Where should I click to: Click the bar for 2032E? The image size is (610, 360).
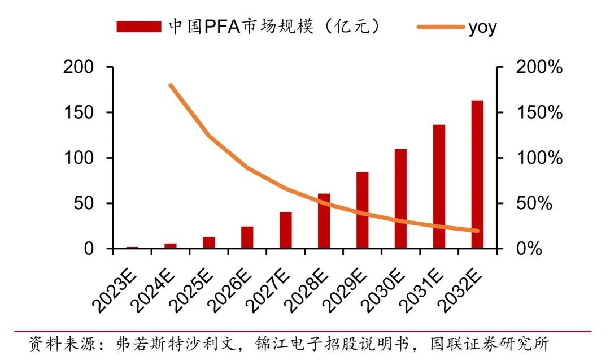[x=477, y=175]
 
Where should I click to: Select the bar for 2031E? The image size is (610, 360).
[x=439, y=186]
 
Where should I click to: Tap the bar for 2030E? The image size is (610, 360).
[x=400, y=198]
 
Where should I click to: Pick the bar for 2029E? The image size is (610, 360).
[x=362, y=210]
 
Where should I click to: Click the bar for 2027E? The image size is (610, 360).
[x=286, y=230]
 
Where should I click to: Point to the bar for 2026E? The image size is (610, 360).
[x=247, y=237]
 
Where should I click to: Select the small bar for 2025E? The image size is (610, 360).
[x=209, y=242]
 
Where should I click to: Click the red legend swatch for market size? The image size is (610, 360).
[x=139, y=27]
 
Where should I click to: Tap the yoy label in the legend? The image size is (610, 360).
[x=482, y=28]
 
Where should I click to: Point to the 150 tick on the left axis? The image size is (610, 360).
[x=79, y=112]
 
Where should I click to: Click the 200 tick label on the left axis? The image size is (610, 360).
[x=79, y=67]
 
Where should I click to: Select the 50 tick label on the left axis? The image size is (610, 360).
[x=84, y=203]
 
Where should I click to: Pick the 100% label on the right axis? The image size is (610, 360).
[x=539, y=158]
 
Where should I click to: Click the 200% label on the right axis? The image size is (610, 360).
[x=539, y=67]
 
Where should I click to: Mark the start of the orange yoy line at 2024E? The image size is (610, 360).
[x=171, y=85]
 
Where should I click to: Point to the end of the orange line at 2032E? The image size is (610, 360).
[x=477, y=231]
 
